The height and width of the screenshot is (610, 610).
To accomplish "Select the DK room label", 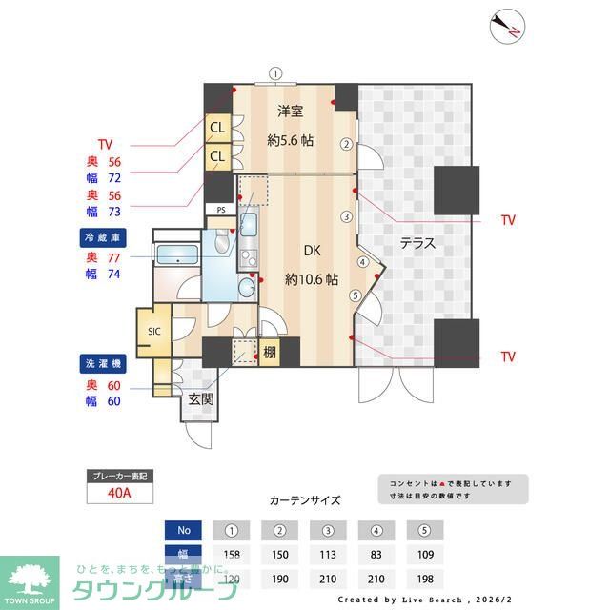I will pos(312,252).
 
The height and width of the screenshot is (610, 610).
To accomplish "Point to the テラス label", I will pos(417,243).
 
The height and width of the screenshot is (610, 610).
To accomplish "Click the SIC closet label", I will pos(154,331).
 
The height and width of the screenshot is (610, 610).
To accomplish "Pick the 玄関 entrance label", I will pos(198,398).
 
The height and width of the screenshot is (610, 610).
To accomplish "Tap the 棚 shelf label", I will pos(271,352).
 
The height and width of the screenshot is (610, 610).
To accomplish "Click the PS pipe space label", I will pos(221,210).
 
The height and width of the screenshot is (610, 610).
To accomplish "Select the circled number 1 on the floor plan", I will pos(275,72).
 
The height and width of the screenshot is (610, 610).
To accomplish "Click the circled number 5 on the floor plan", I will pos(355,295).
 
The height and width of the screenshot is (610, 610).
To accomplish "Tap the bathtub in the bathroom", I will pos(176,254).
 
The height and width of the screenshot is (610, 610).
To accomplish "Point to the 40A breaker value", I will pos(118,493).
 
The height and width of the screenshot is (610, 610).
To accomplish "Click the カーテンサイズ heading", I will pos(305,499).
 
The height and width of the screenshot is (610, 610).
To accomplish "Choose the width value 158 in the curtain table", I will pos(232,555).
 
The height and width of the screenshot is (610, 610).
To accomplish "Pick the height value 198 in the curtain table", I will pos(425,579).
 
